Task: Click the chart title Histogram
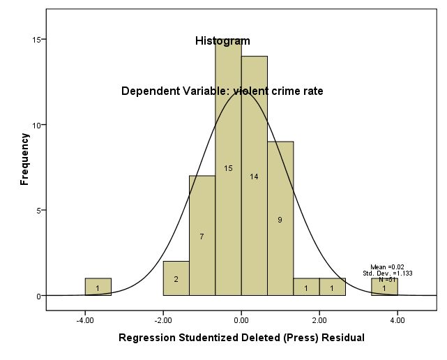coord(222,41)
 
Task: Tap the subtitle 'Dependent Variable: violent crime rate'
coord(222,91)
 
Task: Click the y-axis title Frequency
coord(25,159)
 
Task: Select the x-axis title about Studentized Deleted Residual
coord(241,338)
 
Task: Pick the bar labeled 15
coord(228,168)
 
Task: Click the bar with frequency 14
coord(254,177)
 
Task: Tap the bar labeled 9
coord(280,219)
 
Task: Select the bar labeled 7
coord(202,236)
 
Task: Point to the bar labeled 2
coord(176,278)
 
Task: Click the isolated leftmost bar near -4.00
coord(98,287)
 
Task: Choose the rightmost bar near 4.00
coord(384,287)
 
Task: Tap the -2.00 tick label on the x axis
coord(162,321)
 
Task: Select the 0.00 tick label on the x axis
coord(241,321)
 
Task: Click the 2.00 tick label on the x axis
coord(319,321)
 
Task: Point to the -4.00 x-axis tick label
coord(84,321)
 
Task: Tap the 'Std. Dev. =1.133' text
coord(387,273)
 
